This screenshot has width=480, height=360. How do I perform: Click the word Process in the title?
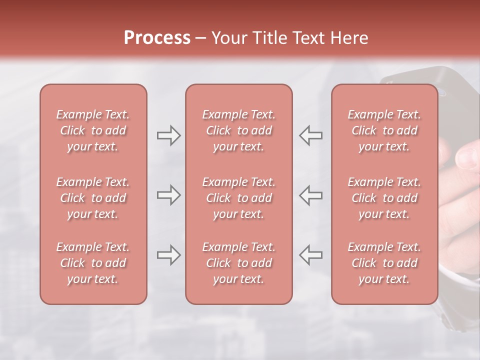(157, 38)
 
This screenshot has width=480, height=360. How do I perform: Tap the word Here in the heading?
(349, 38)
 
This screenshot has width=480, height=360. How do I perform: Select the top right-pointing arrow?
(169, 135)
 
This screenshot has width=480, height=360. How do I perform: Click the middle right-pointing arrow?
(169, 195)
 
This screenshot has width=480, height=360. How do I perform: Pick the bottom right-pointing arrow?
(169, 255)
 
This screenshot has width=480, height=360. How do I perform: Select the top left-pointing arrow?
(310, 135)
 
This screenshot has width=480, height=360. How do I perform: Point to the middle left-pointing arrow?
(310, 195)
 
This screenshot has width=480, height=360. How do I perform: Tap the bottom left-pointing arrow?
(310, 255)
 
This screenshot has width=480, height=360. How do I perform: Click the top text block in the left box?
(93, 130)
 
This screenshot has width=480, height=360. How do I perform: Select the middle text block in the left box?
(93, 198)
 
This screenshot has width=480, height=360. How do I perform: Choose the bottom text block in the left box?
(93, 263)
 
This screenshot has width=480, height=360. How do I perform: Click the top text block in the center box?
(238, 130)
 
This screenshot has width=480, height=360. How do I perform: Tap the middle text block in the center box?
(238, 198)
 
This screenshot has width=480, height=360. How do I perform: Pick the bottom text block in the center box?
(238, 263)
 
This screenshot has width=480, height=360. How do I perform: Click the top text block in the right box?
(384, 130)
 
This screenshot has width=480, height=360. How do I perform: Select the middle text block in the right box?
(384, 198)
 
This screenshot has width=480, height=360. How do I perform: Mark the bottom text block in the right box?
(384, 263)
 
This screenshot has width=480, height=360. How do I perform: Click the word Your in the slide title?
(229, 38)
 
